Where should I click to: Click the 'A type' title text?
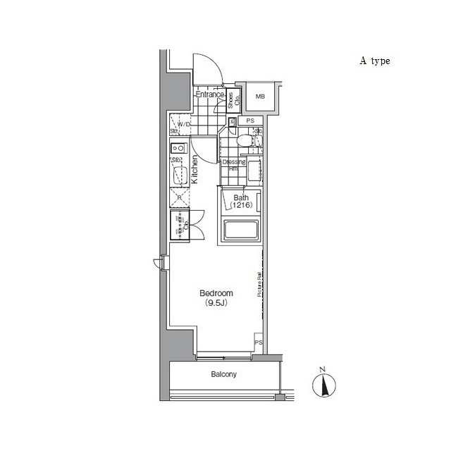(x=375, y=61)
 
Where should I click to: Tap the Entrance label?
(x=209, y=94)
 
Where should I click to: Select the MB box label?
(x=260, y=97)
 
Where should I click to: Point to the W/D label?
(x=183, y=125)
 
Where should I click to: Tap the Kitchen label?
(x=195, y=169)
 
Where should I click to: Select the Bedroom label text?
(x=216, y=293)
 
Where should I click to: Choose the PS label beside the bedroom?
(x=259, y=342)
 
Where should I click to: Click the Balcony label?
(x=224, y=375)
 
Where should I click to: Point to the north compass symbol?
(x=323, y=383)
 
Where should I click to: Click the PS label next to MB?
(x=250, y=121)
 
